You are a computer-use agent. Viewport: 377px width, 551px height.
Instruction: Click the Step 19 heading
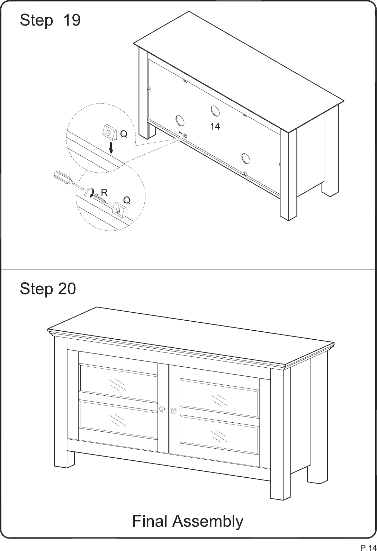(x=50, y=20)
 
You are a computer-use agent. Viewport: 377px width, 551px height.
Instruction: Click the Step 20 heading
(x=48, y=288)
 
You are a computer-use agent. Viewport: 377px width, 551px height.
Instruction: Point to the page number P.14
(x=368, y=547)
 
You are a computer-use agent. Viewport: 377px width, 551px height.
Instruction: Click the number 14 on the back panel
(x=215, y=127)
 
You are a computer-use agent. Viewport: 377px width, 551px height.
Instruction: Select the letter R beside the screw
(x=104, y=193)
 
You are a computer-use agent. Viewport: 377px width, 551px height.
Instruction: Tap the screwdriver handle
(x=62, y=177)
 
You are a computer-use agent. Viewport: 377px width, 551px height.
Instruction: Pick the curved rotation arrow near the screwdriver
(x=89, y=192)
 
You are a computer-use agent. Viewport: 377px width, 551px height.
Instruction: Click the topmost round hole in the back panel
(x=215, y=111)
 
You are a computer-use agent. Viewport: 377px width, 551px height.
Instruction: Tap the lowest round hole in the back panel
(x=246, y=158)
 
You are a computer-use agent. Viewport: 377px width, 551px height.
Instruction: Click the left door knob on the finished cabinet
(x=162, y=409)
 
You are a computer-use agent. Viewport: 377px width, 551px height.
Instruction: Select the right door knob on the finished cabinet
(x=173, y=410)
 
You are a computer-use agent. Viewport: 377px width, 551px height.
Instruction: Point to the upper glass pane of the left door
(x=118, y=384)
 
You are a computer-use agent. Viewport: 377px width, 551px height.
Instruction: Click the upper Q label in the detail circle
(x=124, y=134)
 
